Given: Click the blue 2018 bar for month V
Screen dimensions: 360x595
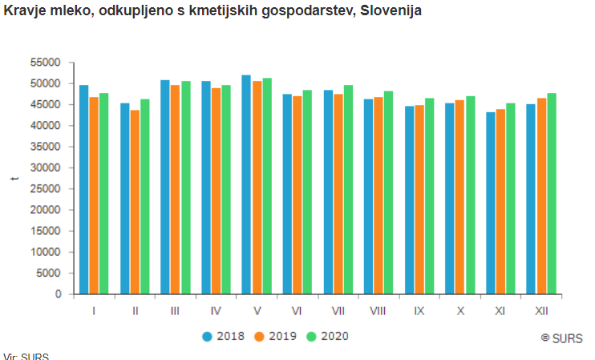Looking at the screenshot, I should point(246,184).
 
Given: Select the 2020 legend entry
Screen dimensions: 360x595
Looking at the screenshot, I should point(327,336).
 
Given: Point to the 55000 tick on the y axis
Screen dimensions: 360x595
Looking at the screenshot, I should point(48,63).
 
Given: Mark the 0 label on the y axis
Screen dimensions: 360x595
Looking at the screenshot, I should point(59,294).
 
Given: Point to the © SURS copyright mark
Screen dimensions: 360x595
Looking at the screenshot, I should point(561,338).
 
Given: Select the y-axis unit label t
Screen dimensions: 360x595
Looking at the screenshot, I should point(14,178).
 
